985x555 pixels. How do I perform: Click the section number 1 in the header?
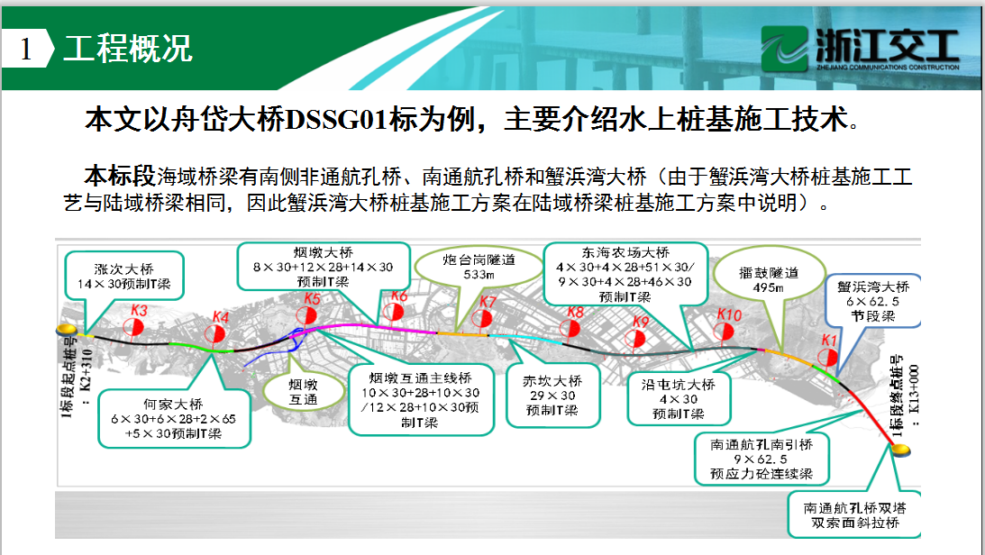(26, 49)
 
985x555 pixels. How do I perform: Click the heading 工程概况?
(128, 49)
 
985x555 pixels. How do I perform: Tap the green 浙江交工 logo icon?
(784, 49)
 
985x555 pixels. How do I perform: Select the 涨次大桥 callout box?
(124, 276)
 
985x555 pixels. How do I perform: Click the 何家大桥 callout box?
(174, 419)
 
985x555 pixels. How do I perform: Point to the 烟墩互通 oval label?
(304, 392)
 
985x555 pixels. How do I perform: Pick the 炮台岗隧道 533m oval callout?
(479, 267)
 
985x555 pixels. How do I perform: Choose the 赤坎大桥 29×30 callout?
(552, 396)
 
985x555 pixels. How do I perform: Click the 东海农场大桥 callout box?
(625, 275)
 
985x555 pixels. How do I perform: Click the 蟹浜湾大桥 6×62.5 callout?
(873, 301)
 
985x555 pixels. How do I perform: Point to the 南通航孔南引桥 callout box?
(762, 459)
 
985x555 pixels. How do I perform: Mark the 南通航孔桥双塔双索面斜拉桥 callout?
(855, 515)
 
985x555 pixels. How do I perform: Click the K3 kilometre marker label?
(139, 310)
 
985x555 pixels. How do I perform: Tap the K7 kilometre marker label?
(488, 302)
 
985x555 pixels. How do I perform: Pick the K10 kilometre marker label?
(729, 314)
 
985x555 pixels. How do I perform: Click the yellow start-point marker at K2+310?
(67, 330)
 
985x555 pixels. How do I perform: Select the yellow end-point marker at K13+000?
(901, 450)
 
